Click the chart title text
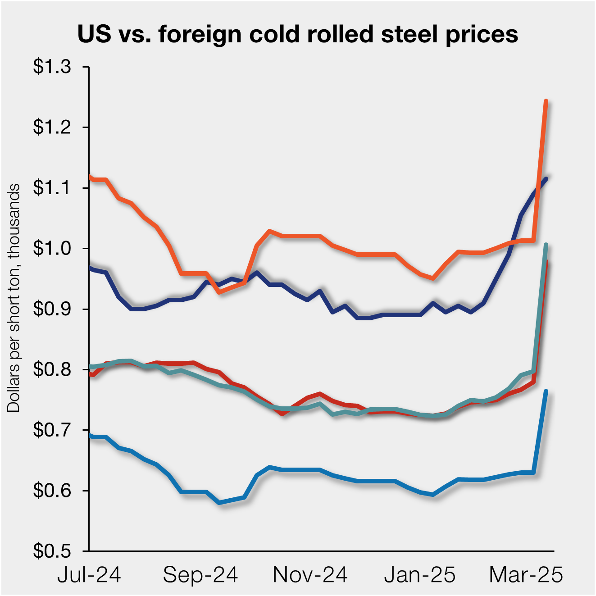click(x=298, y=34)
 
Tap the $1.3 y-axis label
click(x=52, y=67)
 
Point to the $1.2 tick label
click(x=52, y=127)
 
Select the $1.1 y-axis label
click(x=52, y=188)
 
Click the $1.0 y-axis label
click(x=52, y=248)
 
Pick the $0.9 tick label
click(x=52, y=309)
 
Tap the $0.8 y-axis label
click(x=52, y=369)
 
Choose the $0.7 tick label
click(x=52, y=430)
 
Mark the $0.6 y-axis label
click(x=52, y=491)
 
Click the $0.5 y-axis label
click(x=52, y=551)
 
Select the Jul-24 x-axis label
click(x=89, y=575)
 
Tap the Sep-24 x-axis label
click(x=200, y=575)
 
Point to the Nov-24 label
click(x=310, y=575)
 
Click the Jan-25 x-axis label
click(x=420, y=575)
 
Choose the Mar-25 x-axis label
click(x=526, y=575)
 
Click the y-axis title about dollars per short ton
click(x=14, y=297)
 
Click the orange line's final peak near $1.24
click(x=546, y=101)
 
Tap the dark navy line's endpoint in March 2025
click(x=546, y=179)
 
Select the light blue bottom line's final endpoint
click(x=546, y=391)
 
